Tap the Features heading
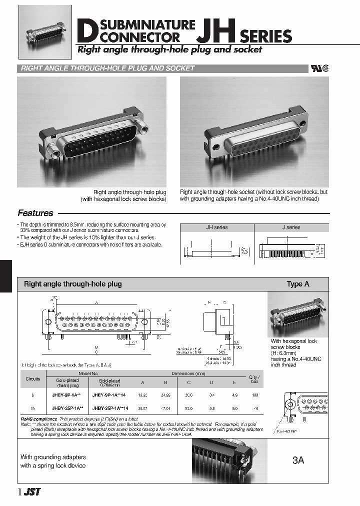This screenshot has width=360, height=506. (x=35, y=213)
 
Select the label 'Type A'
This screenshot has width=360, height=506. (x=297, y=284)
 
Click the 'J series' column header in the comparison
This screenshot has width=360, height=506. (x=291, y=227)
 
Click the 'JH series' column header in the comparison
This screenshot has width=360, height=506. (x=216, y=227)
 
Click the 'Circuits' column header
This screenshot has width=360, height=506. (x=33, y=379)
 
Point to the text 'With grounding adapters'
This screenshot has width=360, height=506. (x=53, y=457)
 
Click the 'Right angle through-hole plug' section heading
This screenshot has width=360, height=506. (x=73, y=284)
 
